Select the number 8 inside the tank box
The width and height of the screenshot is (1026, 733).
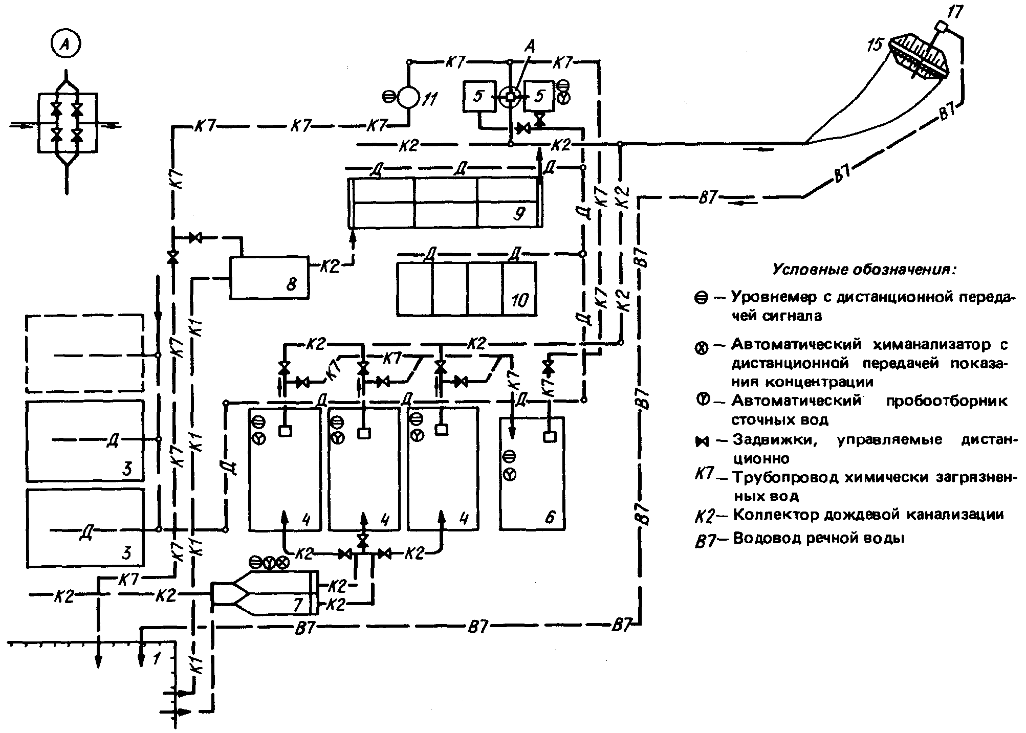click(291, 284)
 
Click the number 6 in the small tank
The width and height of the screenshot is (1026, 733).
click(550, 517)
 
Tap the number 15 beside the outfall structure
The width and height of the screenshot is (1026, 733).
click(876, 45)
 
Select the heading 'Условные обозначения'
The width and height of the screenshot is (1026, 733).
click(863, 269)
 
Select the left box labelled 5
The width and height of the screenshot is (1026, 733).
click(478, 96)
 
